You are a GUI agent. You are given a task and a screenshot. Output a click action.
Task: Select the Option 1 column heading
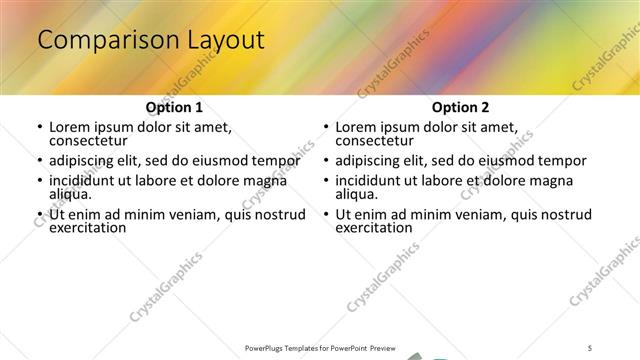(x=174, y=107)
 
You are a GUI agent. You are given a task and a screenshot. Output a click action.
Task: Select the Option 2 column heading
(x=460, y=107)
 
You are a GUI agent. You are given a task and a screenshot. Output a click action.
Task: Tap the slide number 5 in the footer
(x=590, y=347)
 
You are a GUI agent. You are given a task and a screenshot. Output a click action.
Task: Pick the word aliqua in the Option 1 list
(x=71, y=194)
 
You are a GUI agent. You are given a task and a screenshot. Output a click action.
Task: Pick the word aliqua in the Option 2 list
(x=357, y=194)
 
